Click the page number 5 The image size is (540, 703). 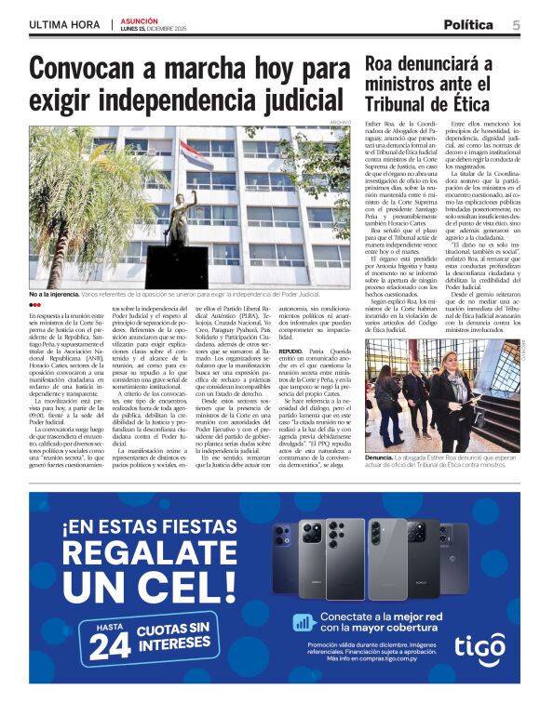(x=516, y=24)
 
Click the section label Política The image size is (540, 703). (x=468, y=24)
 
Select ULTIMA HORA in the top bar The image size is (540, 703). (x=64, y=24)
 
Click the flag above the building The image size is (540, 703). (x=201, y=153)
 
